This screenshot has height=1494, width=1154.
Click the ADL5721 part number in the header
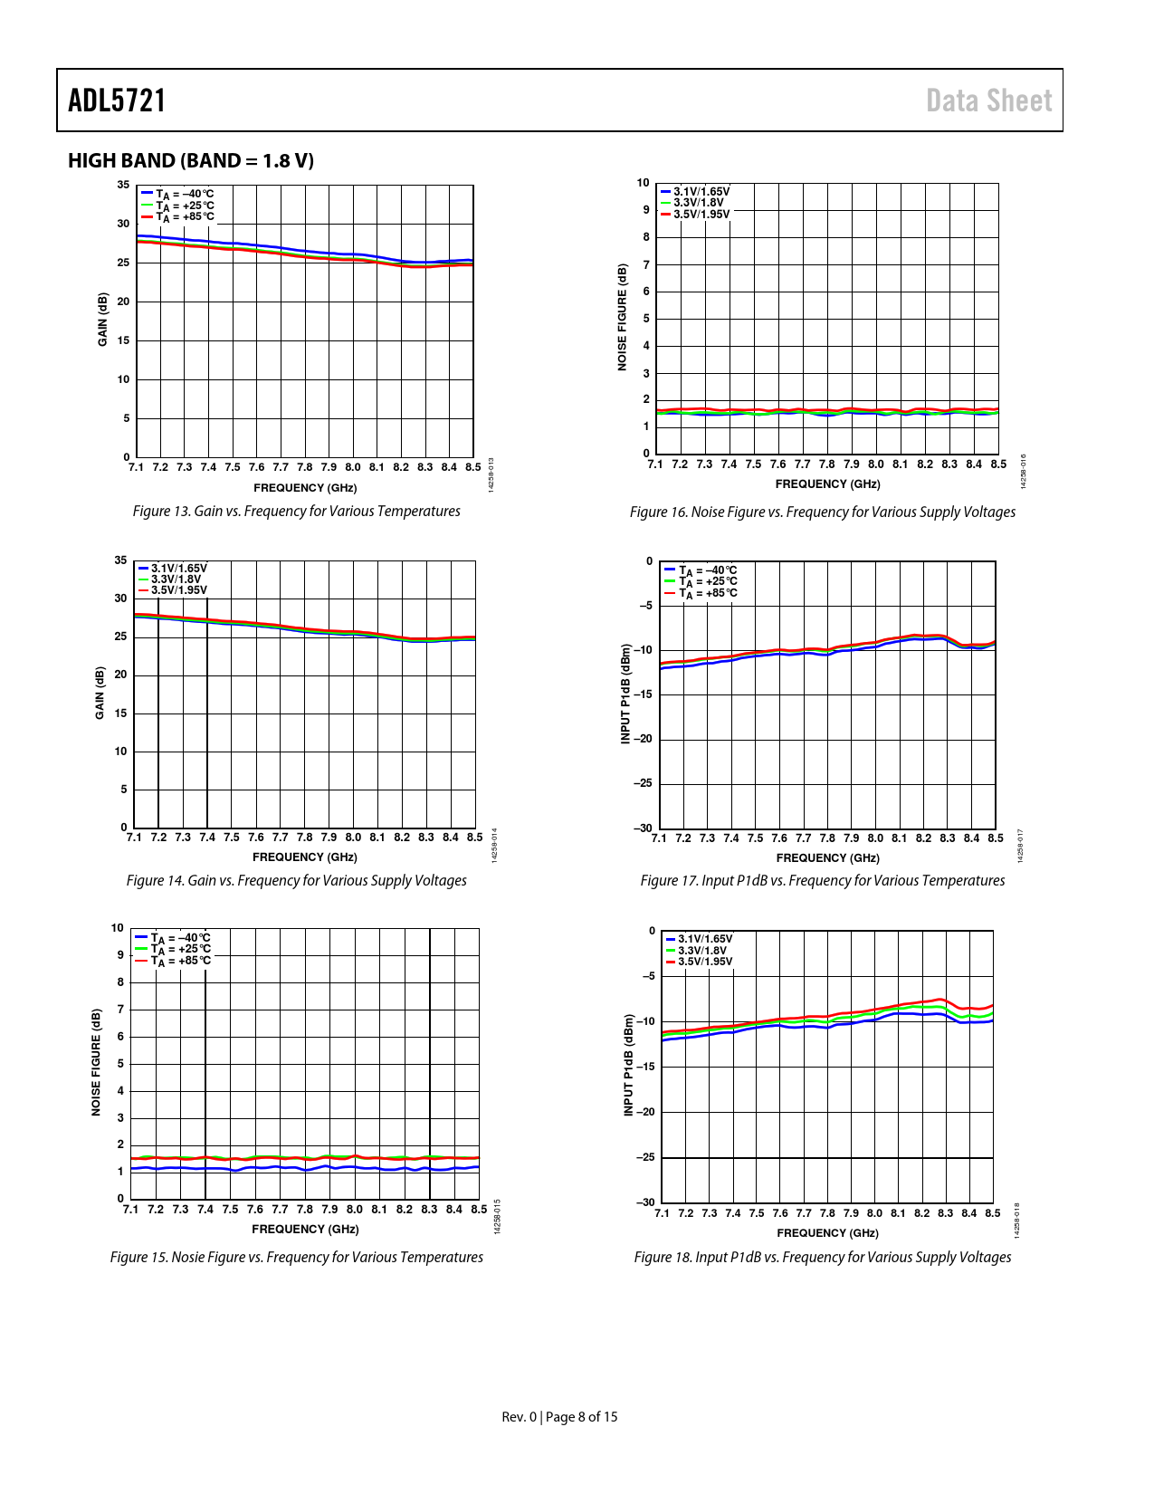[x=117, y=101]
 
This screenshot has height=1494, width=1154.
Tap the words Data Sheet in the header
[x=988, y=101]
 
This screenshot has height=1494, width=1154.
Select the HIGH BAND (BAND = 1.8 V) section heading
[x=191, y=160]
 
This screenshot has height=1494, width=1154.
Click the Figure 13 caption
[x=296, y=512]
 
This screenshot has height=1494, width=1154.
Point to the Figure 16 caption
[x=822, y=512]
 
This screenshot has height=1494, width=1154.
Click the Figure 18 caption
[x=822, y=1258]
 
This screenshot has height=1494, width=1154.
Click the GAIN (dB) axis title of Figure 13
[x=103, y=320]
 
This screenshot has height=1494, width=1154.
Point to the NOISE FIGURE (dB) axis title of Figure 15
[x=97, y=1062]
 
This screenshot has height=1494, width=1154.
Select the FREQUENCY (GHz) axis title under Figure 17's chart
[x=827, y=858]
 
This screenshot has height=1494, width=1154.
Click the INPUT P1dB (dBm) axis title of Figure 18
[x=629, y=1065]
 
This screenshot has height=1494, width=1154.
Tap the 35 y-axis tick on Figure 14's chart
[x=121, y=560]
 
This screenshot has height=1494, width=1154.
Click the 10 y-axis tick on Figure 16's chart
[x=644, y=183]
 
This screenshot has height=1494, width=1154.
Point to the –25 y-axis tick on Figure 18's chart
[x=644, y=1157]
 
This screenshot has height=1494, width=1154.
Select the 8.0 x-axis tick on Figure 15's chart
[x=354, y=1210]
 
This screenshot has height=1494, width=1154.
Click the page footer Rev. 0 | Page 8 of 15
[x=559, y=1417]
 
